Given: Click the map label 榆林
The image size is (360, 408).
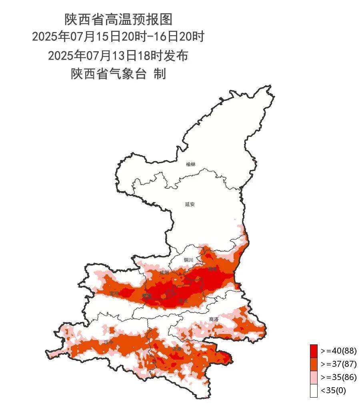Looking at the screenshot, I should click(191, 164).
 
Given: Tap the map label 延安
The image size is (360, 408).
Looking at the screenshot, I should click(190, 204).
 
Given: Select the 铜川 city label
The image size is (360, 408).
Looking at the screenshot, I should click(188, 260).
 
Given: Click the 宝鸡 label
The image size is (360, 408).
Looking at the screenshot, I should click(114, 294).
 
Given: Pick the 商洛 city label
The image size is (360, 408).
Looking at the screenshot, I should click(214, 319).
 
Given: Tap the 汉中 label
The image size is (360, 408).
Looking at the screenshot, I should click(109, 342).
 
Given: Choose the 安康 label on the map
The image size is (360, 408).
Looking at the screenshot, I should click(176, 349).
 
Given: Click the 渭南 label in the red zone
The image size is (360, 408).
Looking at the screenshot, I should click(212, 269).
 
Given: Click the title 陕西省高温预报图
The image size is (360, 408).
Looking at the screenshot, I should click(118, 19).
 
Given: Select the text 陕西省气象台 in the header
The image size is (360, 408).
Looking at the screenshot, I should click(108, 74).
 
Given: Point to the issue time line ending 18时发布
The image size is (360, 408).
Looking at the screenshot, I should click(118, 55).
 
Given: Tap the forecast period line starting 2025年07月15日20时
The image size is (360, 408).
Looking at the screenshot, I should click(118, 37).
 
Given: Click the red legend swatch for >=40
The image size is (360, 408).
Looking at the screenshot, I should click(314, 351).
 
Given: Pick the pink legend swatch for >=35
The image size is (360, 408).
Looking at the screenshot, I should click(314, 377).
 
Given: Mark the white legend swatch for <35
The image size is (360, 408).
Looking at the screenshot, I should click(314, 390).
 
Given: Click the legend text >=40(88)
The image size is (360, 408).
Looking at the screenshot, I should click(338, 351).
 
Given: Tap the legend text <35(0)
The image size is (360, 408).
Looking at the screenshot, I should click(333, 390).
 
